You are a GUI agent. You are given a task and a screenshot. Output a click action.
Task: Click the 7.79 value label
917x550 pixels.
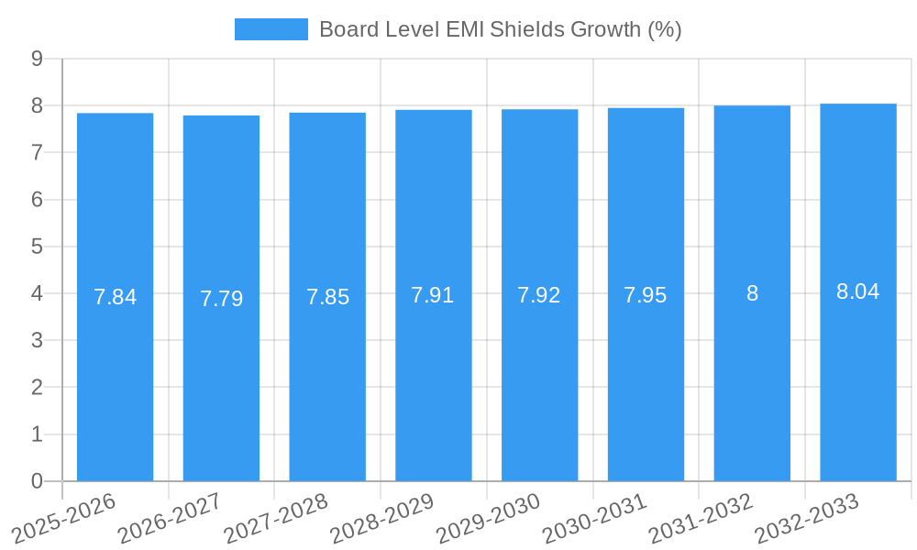point(221,299)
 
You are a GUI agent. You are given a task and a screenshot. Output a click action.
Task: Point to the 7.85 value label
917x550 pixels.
point(327,297)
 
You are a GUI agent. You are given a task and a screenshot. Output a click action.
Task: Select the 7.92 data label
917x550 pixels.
point(539,295)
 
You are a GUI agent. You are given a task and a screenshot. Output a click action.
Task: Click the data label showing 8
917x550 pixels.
point(752,293)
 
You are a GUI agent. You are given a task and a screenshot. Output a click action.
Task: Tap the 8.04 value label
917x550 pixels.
point(858,291)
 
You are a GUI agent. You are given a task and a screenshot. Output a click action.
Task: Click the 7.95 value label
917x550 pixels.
point(646,295)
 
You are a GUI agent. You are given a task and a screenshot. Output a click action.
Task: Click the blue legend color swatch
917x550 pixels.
point(271,29)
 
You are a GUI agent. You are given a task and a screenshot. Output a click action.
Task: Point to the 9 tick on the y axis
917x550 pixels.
point(37,59)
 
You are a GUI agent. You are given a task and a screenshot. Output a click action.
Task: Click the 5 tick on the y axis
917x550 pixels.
point(37,247)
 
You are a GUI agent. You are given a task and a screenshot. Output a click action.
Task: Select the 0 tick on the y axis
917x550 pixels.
point(37,481)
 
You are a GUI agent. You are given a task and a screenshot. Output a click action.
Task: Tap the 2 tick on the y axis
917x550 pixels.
point(37,387)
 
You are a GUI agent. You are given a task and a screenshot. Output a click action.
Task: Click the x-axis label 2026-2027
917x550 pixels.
point(171,519)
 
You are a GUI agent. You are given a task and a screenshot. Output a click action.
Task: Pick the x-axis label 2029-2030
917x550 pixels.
point(489,519)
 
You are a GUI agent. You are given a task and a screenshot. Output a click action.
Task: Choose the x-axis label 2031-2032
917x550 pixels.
point(702,519)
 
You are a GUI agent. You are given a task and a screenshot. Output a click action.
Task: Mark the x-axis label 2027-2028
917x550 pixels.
point(276,519)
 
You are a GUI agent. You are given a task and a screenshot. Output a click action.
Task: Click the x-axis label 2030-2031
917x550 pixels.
point(595,519)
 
